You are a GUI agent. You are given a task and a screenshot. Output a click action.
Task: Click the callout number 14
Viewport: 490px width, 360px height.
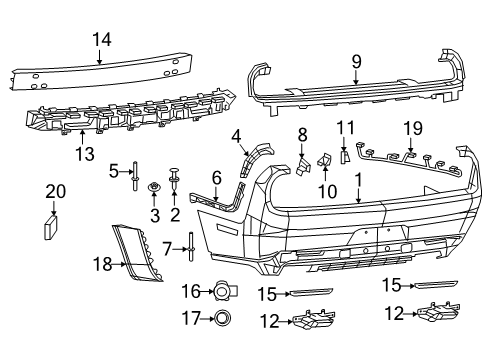(x=102, y=40)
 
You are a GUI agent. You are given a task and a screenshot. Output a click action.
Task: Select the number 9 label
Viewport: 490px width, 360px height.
(x=356, y=62)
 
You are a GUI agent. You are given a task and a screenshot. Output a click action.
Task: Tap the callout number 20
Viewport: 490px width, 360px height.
(x=56, y=192)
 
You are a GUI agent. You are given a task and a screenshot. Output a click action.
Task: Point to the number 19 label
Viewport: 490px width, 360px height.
(x=413, y=128)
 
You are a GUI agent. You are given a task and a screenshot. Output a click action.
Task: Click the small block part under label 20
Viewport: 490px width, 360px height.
(x=50, y=227)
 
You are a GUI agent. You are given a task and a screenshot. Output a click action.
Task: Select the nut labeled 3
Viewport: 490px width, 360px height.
(x=154, y=187)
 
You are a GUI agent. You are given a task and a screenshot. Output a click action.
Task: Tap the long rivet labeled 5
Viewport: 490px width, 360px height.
(x=135, y=176)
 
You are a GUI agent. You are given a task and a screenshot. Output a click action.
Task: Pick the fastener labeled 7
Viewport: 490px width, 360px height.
(x=191, y=247)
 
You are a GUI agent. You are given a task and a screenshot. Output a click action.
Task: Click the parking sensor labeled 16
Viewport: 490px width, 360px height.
(x=224, y=291)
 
